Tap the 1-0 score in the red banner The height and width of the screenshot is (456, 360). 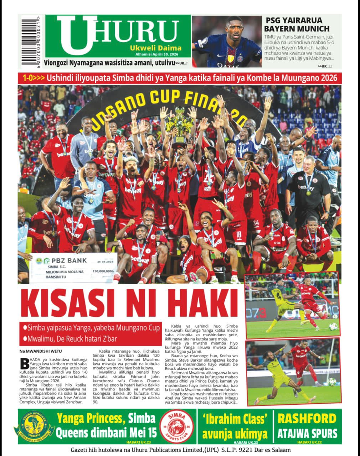pyautogui.click(x=29, y=78)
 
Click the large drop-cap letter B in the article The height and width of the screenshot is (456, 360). pyautogui.click(x=24, y=363)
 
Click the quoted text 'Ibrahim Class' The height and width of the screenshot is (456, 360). pyautogui.click(x=234, y=419)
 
